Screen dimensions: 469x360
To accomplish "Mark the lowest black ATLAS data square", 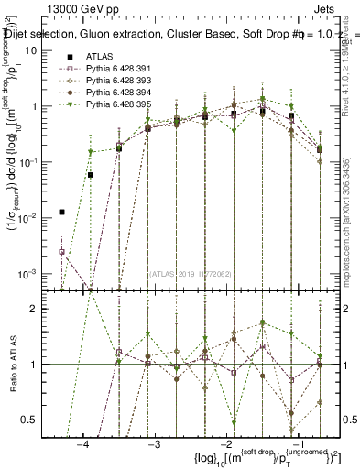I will (x=61, y=212).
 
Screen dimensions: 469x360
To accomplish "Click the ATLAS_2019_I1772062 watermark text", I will (x=190, y=273).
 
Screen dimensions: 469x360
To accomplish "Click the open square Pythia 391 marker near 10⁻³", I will (x=61, y=251).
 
